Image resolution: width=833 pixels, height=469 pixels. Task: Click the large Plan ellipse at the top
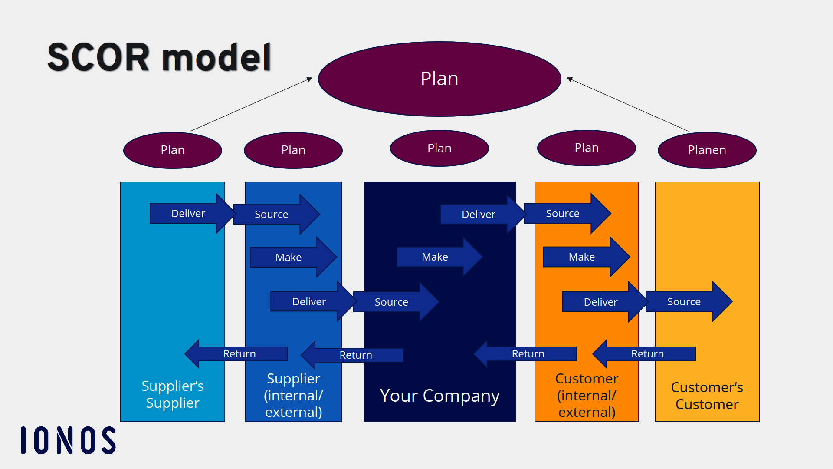pyautogui.click(x=439, y=79)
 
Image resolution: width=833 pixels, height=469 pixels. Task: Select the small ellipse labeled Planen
pyautogui.click(x=707, y=150)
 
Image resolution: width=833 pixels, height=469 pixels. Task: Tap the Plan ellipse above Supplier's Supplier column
pyautogui.click(x=173, y=150)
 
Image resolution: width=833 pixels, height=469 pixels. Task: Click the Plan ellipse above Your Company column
pyautogui.click(x=439, y=149)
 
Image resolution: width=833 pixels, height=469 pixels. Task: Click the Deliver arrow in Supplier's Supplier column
pyautogui.click(x=188, y=214)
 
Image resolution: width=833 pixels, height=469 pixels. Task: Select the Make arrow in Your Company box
pyautogui.click(x=435, y=257)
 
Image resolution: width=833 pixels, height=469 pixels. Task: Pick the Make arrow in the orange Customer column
pyautogui.click(x=582, y=257)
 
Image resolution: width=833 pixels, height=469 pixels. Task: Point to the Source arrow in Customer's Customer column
pyautogui.click(x=684, y=302)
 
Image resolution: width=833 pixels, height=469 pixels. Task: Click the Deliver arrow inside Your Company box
pyautogui.click(x=479, y=215)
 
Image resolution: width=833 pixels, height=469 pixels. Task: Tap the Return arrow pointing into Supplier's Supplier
pyautogui.click(x=239, y=354)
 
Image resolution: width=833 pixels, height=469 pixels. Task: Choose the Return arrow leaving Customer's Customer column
pyautogui.click(x=647, y=354)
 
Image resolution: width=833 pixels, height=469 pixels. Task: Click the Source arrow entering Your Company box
pyautogui.click(x=391, y=302)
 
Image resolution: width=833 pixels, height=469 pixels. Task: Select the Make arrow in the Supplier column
pyautogui.click(x=289, y=258)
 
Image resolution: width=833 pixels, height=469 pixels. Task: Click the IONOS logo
pyautogui.click(x=69, y=440)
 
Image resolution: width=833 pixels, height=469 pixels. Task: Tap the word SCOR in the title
pyautogui.click(x=99, y=57)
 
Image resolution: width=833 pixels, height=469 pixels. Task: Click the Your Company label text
pyautogui.click(x=439, y=396)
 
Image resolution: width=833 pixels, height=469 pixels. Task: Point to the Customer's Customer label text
pyautogui.click(x=707, y=396)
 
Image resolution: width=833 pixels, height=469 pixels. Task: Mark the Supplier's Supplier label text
pyautogui.click(x=173, y=394)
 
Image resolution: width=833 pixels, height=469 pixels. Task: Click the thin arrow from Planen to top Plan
pyautogui.click(x=627, y=105)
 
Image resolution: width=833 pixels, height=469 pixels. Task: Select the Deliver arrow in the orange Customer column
pyautogui.click(x=600, y=302)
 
